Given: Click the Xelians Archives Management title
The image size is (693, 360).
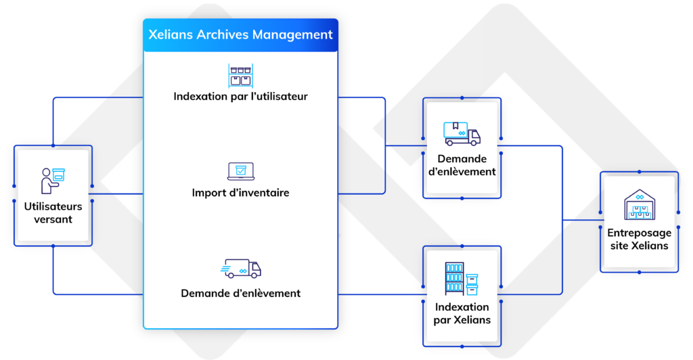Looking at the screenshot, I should (240, 35).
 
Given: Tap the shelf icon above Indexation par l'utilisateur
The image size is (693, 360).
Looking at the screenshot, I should (240, 75).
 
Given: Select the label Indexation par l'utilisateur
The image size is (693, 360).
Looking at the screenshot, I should (240, 96).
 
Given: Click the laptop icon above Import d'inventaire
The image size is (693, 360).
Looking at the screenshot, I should (240, 171).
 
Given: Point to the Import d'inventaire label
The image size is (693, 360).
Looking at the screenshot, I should (240, 193).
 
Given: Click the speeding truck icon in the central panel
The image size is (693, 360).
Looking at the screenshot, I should (241, 269).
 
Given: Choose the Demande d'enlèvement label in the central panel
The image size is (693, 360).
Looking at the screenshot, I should (240, 293).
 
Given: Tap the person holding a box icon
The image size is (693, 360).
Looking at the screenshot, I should (53, 180).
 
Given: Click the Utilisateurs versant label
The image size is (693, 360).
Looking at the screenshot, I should (53, 212).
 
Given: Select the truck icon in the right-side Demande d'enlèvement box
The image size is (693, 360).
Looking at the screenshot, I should (462, 133).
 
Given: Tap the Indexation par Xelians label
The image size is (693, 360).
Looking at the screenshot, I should (462, 313).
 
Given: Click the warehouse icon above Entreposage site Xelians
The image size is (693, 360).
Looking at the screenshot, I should (640, 205).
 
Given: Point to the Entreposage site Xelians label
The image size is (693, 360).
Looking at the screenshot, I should (640, 239).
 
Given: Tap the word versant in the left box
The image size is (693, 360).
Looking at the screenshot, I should (53, 219).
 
